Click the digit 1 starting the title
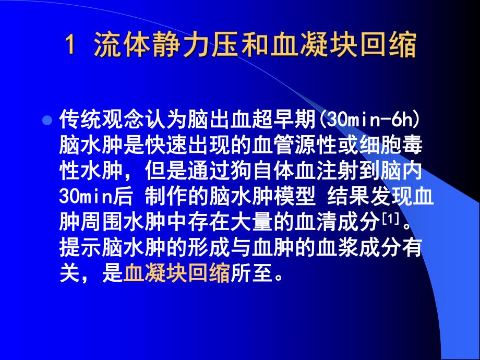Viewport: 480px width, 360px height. click(70, 46)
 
